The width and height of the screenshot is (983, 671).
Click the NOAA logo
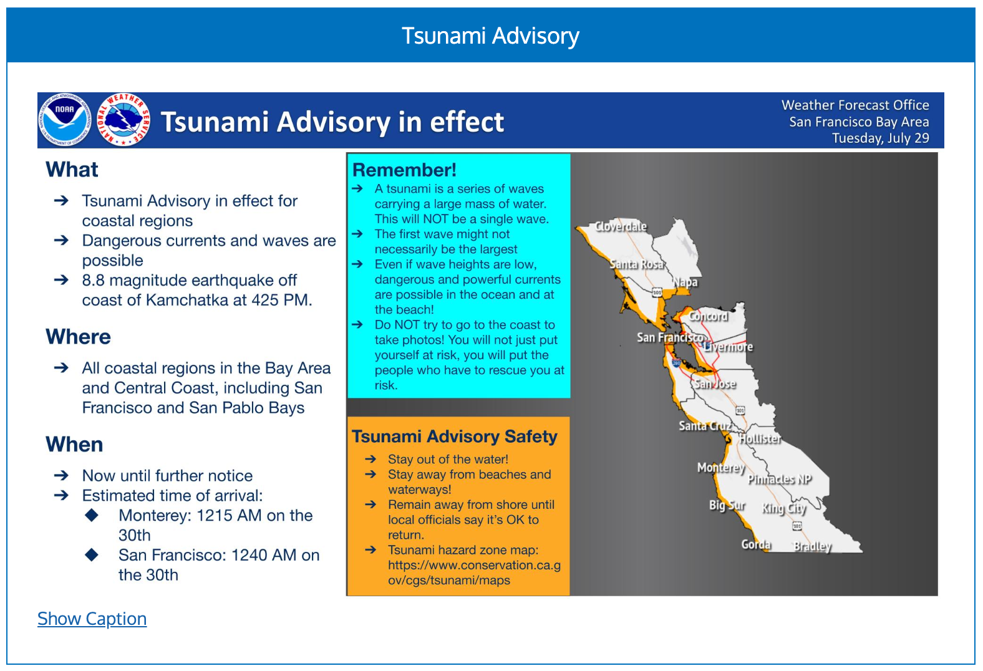pos(64,120)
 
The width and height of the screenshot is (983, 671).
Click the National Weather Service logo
pos(123,120)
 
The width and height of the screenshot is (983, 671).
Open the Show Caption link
pos(92,619)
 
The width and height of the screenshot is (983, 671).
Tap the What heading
pos(72,170)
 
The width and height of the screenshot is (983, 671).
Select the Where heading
pos(78,337)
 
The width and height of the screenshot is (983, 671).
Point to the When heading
pos(74,444)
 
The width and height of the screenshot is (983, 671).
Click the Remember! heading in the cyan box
pos(404,170)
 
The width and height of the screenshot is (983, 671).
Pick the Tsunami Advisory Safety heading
pos(455,437)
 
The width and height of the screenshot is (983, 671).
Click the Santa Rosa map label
pos(637,264)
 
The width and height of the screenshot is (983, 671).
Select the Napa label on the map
pos(685,282)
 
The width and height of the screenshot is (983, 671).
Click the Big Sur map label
pos(727,506)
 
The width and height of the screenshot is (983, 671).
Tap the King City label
pos(784,508)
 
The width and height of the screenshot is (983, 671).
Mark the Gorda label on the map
pos(756,544)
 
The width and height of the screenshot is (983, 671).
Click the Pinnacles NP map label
pos(780,479)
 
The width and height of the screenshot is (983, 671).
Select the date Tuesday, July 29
pos(881,138)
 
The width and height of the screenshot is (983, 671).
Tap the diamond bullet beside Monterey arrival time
pos(92,515)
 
